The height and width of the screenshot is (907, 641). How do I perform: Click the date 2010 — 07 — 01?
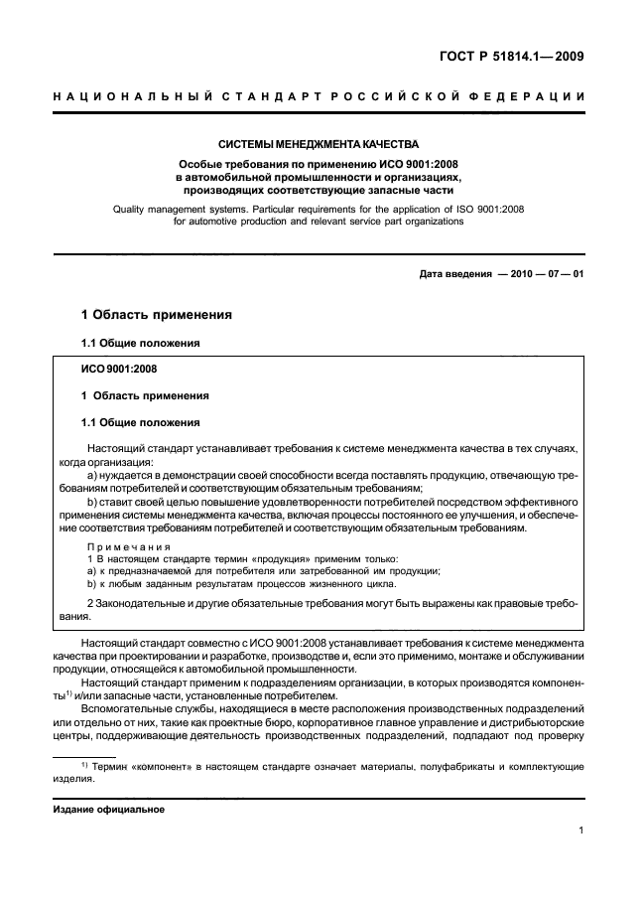pos(549,274)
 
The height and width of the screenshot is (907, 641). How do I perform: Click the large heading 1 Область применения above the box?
pos(156,315)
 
